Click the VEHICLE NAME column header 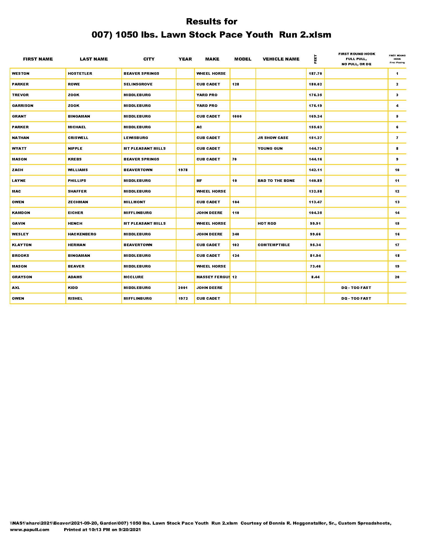tap(281, 59)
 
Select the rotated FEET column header tap(315, 59)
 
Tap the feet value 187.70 tap(315, 73)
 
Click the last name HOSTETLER tap(80, 73)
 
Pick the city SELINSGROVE tap(138, 84)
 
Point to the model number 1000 tap(237, 116)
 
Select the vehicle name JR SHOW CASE tap(273, 138)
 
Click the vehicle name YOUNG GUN tap(270, 148)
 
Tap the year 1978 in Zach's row tap(183, 170)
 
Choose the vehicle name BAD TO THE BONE tap(276, 181)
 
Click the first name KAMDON tap(21, 213)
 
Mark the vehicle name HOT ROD tap(267, 224)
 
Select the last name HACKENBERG tap(82, 234)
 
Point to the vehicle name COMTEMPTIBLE tap(274, 245)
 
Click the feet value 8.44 tap(315, 277)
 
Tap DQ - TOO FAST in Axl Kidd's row tap(356, 288)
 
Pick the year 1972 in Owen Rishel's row tap(183, 299)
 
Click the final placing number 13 tap(397, 202)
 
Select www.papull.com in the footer tap(30, 530)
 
